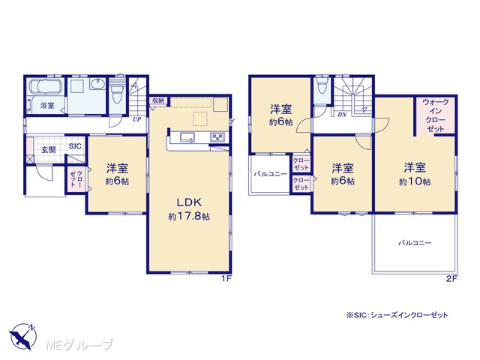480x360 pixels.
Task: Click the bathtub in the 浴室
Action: tap(46, 86)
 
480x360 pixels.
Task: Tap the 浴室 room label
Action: tap(47, 106)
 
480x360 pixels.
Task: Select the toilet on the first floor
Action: tap(118, 91)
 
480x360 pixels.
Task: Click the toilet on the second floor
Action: tap(322, 84)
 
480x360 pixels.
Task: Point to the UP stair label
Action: tap(136, 119)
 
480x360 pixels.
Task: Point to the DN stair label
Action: tap(342, 115)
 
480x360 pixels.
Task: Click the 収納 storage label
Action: tap(158, 100)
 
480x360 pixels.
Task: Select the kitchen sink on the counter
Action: tap(187, 137)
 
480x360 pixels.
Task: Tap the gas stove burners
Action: tap(218, 136)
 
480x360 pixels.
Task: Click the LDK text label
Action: tap(188, 202)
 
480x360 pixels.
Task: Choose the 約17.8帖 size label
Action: tap(189, 217)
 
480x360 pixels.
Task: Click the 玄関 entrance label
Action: tap(49, 150)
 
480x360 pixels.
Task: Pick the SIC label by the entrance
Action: tap(75, 146)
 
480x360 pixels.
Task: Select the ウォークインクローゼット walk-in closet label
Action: tap(435, 115)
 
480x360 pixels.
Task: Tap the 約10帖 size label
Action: tap(415, 181)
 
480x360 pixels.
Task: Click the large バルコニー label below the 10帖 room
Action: tap(415, 243)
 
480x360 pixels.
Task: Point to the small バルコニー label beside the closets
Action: tap(271, 174)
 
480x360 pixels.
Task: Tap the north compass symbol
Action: tap(23, 336)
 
